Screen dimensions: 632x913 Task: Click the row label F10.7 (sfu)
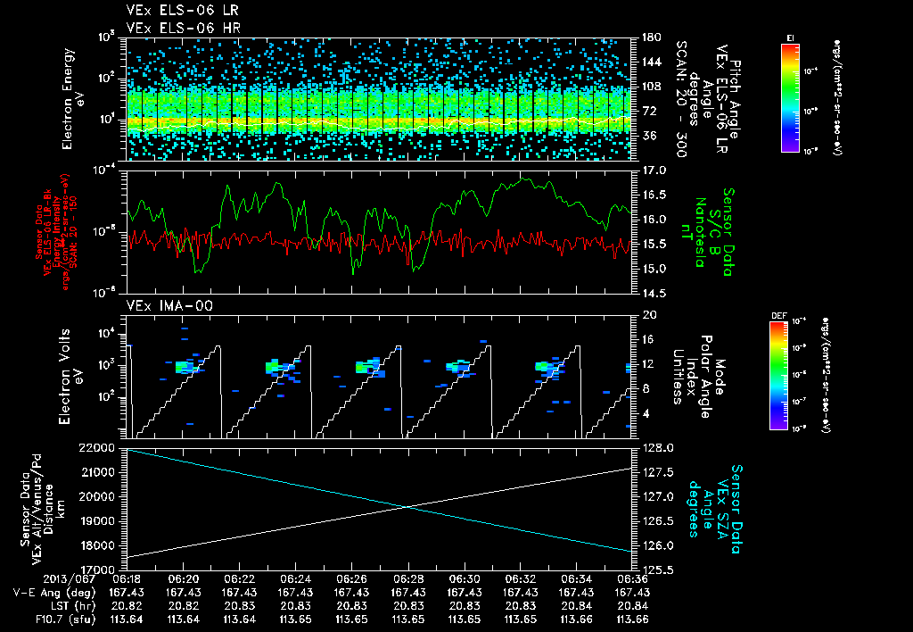(x=58, y=620)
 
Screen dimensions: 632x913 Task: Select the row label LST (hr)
(x=68, y=605)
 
